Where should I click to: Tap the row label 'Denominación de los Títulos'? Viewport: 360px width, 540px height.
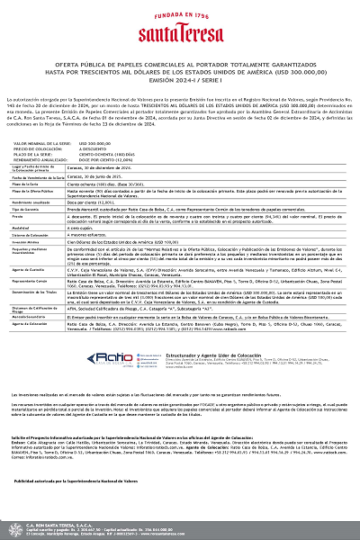[x=34, y=294]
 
